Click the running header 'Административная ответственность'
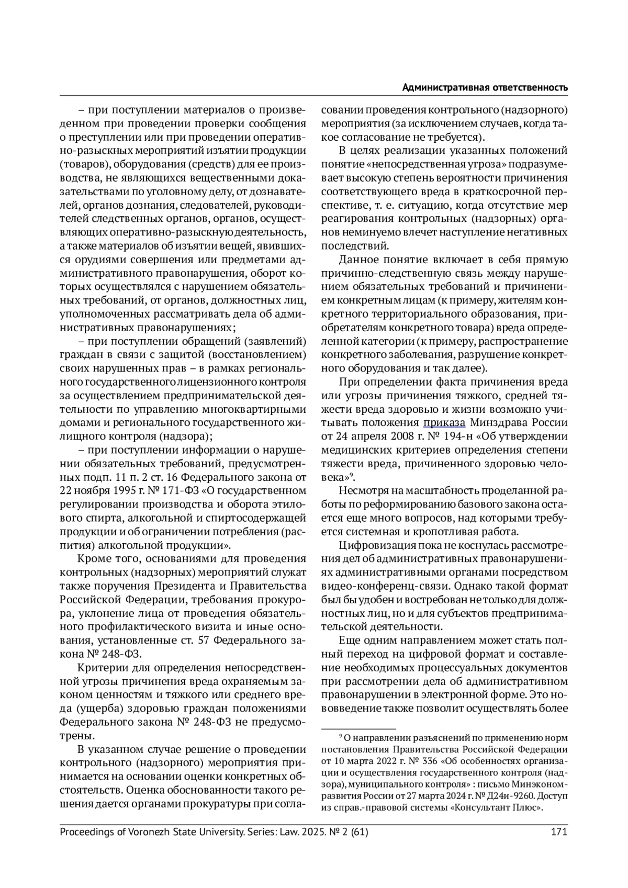click(x=485, y=88)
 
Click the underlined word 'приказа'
click(x=444, y=422)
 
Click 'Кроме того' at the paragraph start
click(x=102, y=558)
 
